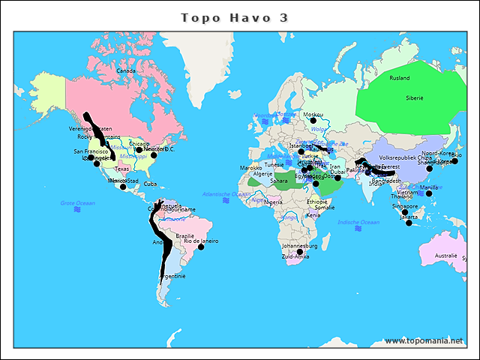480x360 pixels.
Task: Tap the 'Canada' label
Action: [125, 71]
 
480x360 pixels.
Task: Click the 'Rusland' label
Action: [400, 78]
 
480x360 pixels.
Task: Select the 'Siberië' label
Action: [415, 98]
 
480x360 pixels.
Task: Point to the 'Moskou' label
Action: [313, 115]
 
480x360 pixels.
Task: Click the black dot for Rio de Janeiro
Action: [201, 247]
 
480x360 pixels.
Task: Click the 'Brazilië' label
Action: [185, 235]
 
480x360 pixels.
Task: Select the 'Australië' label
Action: [445, 256]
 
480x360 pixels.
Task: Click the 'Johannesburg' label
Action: [300, 246]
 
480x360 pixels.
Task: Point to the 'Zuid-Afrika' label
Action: [295, 256]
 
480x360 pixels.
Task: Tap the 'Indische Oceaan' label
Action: [358, 222]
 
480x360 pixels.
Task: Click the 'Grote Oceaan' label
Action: [78, 203]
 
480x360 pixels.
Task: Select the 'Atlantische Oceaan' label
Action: [226, 194]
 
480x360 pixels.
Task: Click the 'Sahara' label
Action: [278, 181]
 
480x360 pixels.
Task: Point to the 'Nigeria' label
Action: [274, 202]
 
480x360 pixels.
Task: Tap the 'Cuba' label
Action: [150, 184]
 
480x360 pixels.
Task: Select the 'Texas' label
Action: [121, 169]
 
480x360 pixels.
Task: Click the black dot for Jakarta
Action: [409, 223]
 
